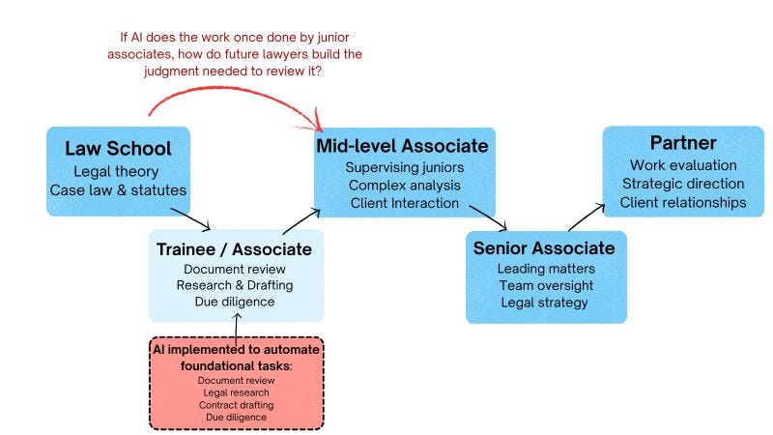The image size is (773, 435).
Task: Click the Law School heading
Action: click(x=118, y=149)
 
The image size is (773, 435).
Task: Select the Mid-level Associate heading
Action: click(x=403, y=146)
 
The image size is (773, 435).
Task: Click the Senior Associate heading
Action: click(x=544, y=248)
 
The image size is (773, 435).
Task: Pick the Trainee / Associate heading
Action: click(x=234, y=249)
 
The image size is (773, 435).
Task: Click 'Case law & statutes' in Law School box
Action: click(x=118, y=189)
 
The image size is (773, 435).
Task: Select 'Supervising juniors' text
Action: click(x=405, y=167)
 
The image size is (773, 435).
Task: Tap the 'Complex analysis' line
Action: click(x=405, y=185)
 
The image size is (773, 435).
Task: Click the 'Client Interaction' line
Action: click(x=405, y=202)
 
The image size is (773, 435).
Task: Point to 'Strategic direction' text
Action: click(x=682, y=184)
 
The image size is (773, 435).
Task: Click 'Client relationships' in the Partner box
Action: click(x=682, y=202)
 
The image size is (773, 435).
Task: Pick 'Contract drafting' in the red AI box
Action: click(x=236, y=404)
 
